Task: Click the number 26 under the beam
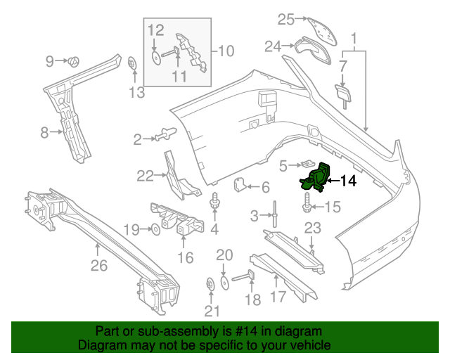click(99, 266)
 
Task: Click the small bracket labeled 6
click(240, 186)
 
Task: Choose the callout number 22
click(145, 176)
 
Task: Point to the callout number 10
click(226, 51)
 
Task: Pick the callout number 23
click(312, 227)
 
